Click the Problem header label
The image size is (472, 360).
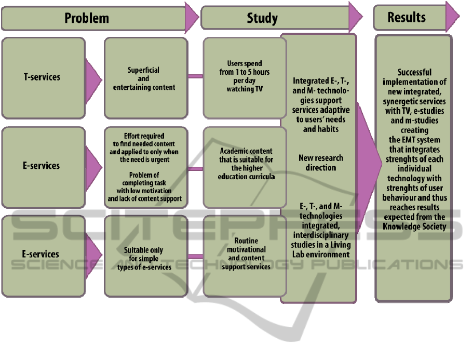click(87, 18)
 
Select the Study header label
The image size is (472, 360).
click(262, 19)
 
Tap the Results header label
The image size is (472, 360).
click(406, 17)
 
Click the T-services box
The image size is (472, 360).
click(43, 77)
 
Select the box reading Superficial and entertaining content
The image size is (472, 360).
click(144, 78)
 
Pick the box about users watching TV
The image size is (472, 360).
click(245, 77)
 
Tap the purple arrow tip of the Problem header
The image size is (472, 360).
click(192, 18)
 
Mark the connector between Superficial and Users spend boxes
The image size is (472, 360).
click(195, 77)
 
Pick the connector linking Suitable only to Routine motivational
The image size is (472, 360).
click(195, 256)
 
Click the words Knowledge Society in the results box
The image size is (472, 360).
click(414, 226)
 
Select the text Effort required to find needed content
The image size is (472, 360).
click(144, 139)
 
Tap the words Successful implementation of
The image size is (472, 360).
click(414, 77)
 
